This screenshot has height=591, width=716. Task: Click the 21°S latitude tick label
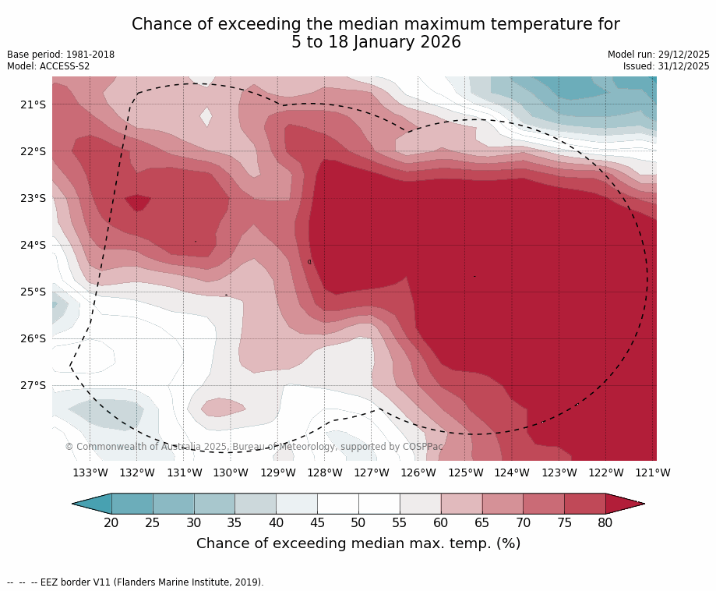coord(34,104)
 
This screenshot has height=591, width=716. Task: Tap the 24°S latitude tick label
coord(34,245)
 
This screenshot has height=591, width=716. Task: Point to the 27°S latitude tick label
coord(34,385)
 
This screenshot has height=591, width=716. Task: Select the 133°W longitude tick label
coord(90,472)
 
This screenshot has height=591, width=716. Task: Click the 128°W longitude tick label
coord(325,472)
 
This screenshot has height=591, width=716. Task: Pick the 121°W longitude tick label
coord(653,472)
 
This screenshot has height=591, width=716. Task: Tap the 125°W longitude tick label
coord(465,472)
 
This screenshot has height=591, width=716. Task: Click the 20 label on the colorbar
coord(111,522)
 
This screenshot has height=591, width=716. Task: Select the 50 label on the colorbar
coord(358,522)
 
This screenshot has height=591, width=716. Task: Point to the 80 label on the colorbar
coord(605,522)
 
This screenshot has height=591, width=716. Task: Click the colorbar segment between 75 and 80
coord(584,504)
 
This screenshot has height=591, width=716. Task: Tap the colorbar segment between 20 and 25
coord(132,504)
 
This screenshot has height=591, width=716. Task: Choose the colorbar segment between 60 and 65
coord(461,504)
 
